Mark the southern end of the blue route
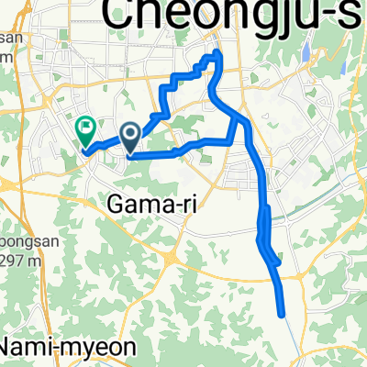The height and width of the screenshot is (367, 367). point(283,314)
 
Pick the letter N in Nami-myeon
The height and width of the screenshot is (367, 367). point(13,349)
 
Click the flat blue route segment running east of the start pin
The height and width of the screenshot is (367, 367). point(183,148)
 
